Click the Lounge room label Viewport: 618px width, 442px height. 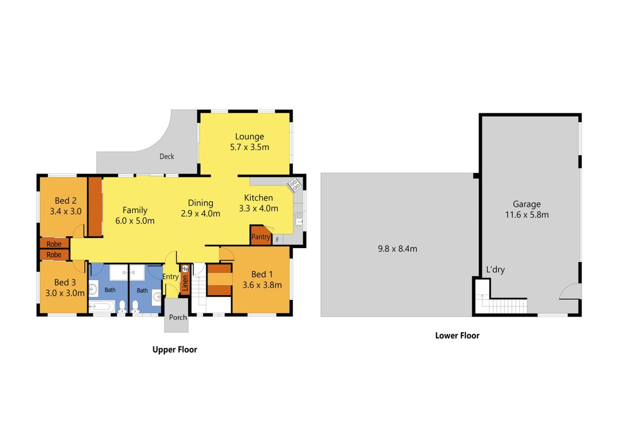pyautogui.click(x=249, y=136)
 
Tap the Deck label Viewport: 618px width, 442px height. pyautogui.click(x=167, y=156)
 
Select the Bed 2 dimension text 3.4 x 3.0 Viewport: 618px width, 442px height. pyautogui.click(x=66, y=211)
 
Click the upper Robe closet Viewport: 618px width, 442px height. pyautogui.click(x=55, y=243)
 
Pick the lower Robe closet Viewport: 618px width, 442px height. pyautogui.click(x=55, y=255)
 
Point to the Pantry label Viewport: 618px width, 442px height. pyautogui.click(x=260, y=237)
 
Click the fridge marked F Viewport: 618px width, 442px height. pyautogui.click(x=278, y=240)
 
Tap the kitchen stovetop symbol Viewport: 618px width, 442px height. pyautogui.click(x=295, y=185)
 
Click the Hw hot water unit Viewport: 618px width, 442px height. pyautogui.click(x=185, y=269)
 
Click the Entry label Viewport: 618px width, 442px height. pyautogui.click(x=171, y=277)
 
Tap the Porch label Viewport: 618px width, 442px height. pyautogui.click(x=178, y=317)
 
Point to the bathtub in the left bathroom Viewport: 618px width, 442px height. pyautogui.click(x=102, y=307)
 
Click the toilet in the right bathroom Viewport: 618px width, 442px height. pyautogui.click(x=135, y=307)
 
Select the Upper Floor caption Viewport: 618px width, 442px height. pyautogui.click(x=174, y=350)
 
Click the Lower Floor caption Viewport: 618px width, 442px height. pyautogui.click(x=457, y=335)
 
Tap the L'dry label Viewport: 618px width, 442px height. pyautogui.click(x=496, y=270)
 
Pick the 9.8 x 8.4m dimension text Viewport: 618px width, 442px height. pyautogui.click(x=397, y=249)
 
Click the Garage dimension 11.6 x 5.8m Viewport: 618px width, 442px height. pyautogui.click(x=527, y=215)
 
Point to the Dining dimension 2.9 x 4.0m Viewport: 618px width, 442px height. pyautogui.click(x=201, y=213)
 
